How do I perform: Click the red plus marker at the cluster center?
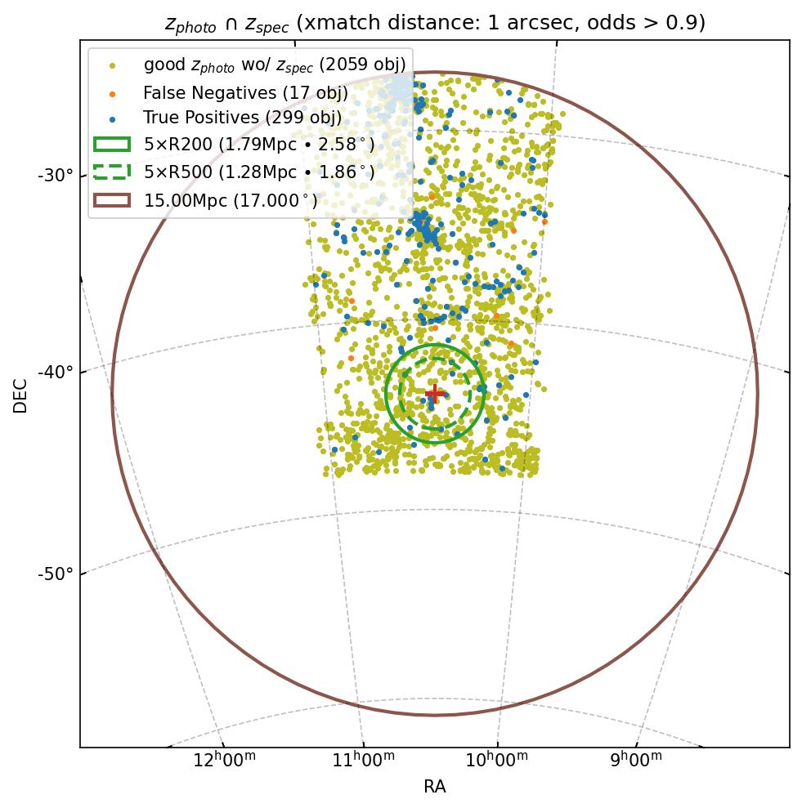(x=434, y=393)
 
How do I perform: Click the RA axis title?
(x=434, y=787)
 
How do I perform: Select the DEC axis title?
(x=20, y=395)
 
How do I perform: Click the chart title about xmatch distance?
(x=434, y=23)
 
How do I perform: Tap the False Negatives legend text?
(x=245, y=92)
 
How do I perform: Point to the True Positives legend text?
(x=242, y=118)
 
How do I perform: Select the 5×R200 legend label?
(x=259, y=145)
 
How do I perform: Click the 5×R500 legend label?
(x=259, y=172)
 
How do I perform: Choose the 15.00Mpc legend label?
(x=231, y=200)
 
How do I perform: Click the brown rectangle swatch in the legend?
(x=112, y=200)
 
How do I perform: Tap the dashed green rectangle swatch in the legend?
(x=112, y=172)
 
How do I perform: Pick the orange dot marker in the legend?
(x=112, y=92)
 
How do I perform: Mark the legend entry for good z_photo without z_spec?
(x=274, y=65)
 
